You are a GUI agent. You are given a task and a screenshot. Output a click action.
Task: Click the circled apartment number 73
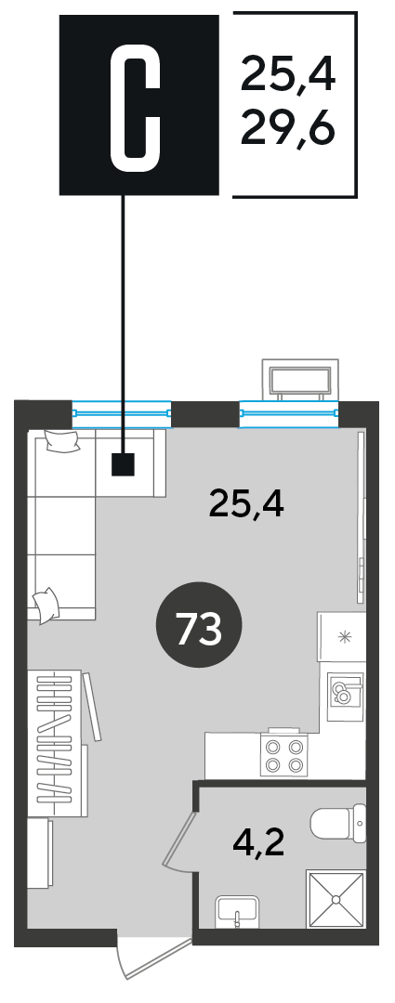pos(199,624)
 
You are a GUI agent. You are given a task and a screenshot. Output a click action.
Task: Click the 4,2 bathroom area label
pos(258,845)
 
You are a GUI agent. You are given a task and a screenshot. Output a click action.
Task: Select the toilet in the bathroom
pos(338,825)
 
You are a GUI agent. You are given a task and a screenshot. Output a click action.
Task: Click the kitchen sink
pos(346,690)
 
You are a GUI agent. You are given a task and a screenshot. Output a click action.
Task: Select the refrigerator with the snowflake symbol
pos(341,636)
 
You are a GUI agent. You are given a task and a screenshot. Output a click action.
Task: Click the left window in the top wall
pos(122,413)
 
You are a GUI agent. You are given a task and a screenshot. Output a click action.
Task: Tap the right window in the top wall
pos(289,413)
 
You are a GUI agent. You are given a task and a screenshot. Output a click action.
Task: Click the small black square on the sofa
pos(123,464)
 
